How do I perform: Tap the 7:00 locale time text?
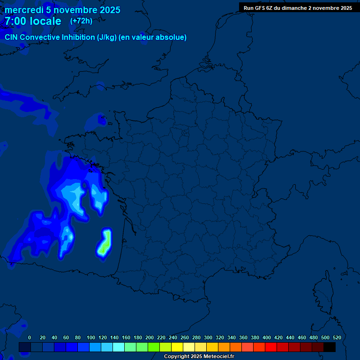coord(33,21)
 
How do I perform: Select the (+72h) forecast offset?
coord(81,21)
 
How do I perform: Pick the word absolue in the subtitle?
coord(172,37)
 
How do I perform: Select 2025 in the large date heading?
coord(108,10)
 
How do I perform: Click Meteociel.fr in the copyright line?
coord(218,357)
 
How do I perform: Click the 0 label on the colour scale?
coord(30,337)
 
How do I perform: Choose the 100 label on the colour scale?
coord(91,337)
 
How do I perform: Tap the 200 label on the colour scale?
coord(150,337)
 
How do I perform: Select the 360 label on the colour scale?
coord(243,337)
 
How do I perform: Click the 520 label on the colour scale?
coord(337,337)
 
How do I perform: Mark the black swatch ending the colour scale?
coord(330,347)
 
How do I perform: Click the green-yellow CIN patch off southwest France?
coord(104,243)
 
